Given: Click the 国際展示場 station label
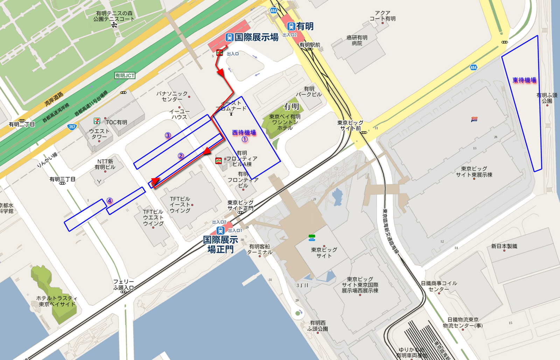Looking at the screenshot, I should point(256,37).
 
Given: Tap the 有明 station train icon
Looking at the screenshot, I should point(291,26).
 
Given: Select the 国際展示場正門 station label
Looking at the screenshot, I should point(220,244).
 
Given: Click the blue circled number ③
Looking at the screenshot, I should point(168,136).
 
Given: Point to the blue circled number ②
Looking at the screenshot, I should point(181,156).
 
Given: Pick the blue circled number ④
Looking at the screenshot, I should point(110,201).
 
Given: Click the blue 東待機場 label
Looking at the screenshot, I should point(524,80).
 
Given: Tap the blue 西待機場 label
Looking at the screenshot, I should point(244,132).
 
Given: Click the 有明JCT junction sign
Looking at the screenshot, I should point(125,76).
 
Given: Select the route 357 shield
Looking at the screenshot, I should point(72,127).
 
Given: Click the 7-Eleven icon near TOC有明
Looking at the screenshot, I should point(97,121).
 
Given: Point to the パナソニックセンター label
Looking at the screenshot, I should point(172,96).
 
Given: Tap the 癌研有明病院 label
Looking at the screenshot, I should point(357,40).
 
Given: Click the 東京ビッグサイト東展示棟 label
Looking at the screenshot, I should point(474,172).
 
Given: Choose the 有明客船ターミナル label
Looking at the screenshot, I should point(259,249).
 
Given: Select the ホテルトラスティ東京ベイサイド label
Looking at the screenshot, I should point(57,301).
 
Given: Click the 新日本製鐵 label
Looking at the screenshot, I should point(504,246).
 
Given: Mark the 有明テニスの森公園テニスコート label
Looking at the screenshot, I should point(114,16).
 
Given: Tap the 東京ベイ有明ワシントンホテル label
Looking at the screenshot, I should point(285,122).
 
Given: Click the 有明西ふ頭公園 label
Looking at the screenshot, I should point(317,326).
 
